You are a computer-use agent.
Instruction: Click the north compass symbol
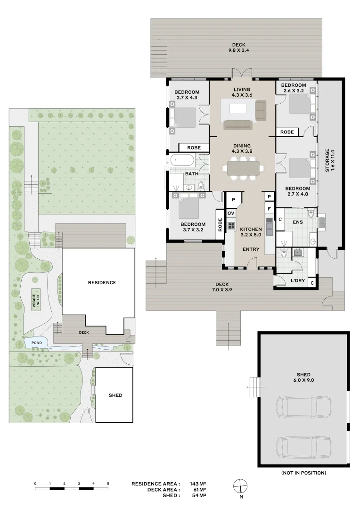pos(240,486)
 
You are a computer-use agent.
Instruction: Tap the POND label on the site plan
pos(37,343)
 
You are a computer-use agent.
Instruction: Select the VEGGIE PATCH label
pos(36,300)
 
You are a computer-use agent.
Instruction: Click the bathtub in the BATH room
pos(182,160)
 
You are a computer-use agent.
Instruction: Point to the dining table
pos(243,168)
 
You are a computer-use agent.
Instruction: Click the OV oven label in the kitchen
pos(231,213)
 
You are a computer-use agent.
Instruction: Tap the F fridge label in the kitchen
pos(269,209)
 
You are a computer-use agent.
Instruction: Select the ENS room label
pos(298,222)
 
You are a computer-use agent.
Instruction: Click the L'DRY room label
pos(298,280)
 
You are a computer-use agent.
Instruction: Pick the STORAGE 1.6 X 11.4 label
pos(329,160)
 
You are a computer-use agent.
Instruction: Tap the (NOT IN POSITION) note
pos(303,473)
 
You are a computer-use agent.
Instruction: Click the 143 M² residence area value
pos(198,484)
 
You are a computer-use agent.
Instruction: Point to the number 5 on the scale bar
pos(108,484)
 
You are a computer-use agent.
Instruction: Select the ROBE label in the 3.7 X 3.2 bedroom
pos(220,225)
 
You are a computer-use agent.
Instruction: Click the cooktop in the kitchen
pos(231,226)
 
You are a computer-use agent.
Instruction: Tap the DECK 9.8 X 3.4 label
pos(238,48)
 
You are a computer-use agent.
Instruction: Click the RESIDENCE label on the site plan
pos(102,282)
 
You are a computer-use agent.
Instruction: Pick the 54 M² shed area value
pos(199,495)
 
